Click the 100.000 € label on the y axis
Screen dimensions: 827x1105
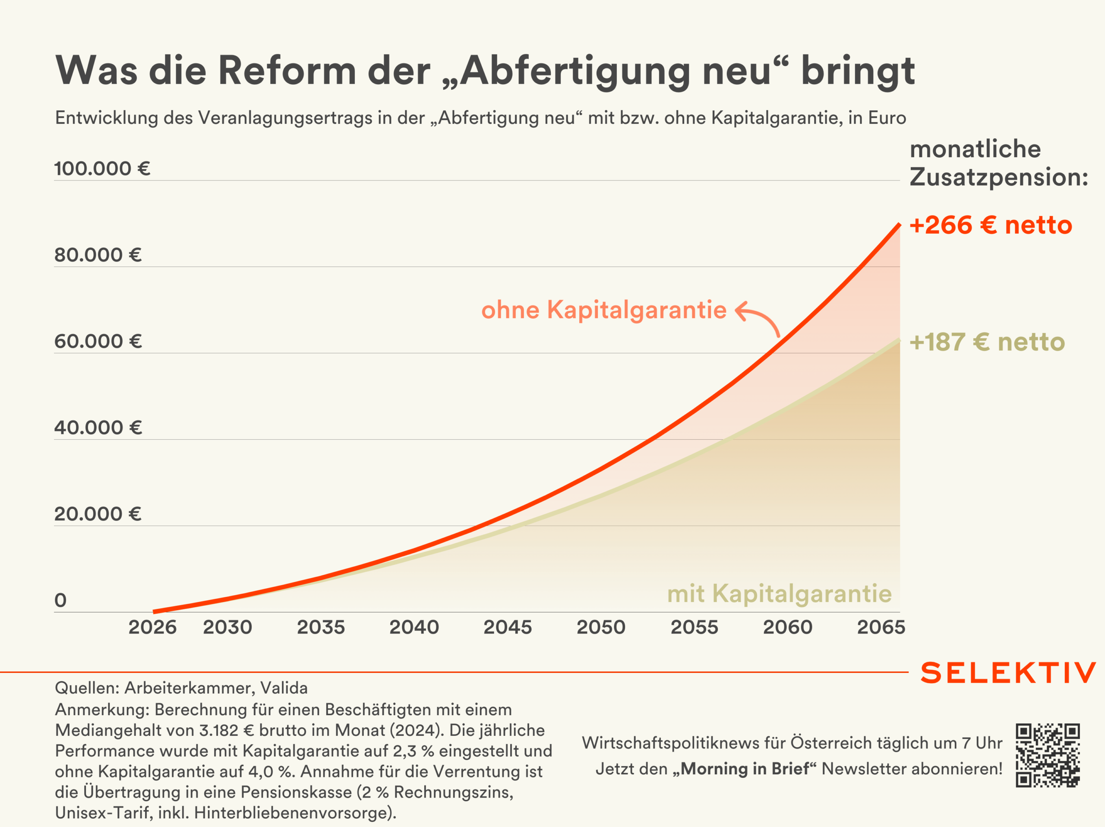click(102, 168)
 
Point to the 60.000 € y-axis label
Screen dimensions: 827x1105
click(98, 341)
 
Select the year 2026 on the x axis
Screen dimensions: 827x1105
click(152, 627)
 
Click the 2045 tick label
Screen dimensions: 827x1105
click(508, 627)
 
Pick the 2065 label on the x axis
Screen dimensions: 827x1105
click(881, 627)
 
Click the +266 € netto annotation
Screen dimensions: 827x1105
click(991, 225)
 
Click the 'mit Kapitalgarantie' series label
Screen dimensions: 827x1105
click(779, 594)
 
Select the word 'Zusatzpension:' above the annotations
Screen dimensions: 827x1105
click(998, 177)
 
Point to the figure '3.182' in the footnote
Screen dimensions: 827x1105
click(219, 730)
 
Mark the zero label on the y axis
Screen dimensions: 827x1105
click(60, 600)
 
